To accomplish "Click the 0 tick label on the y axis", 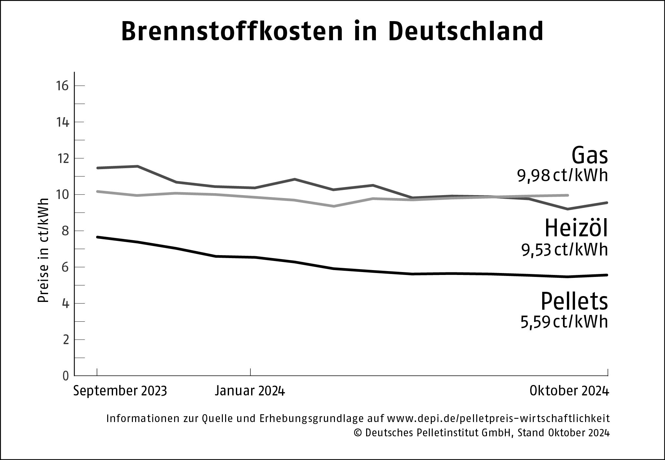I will tap(66, 376).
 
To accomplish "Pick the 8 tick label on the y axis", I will tap(66, 231).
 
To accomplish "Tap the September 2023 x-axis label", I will tap(120, 391).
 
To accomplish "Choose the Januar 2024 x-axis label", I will tap(250, 391).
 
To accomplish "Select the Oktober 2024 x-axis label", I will tap(569, 391).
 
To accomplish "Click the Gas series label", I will tap(589, 156).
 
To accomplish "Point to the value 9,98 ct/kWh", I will tap(562, 176).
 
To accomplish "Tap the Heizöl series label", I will tap(576, 229).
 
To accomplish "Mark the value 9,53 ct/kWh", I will tap(564, 250).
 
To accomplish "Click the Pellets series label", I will tap(574, 302).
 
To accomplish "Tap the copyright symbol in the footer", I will tap(359, 433).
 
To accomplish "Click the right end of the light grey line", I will tap(567, 195).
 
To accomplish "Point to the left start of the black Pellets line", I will tap(98, 237).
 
